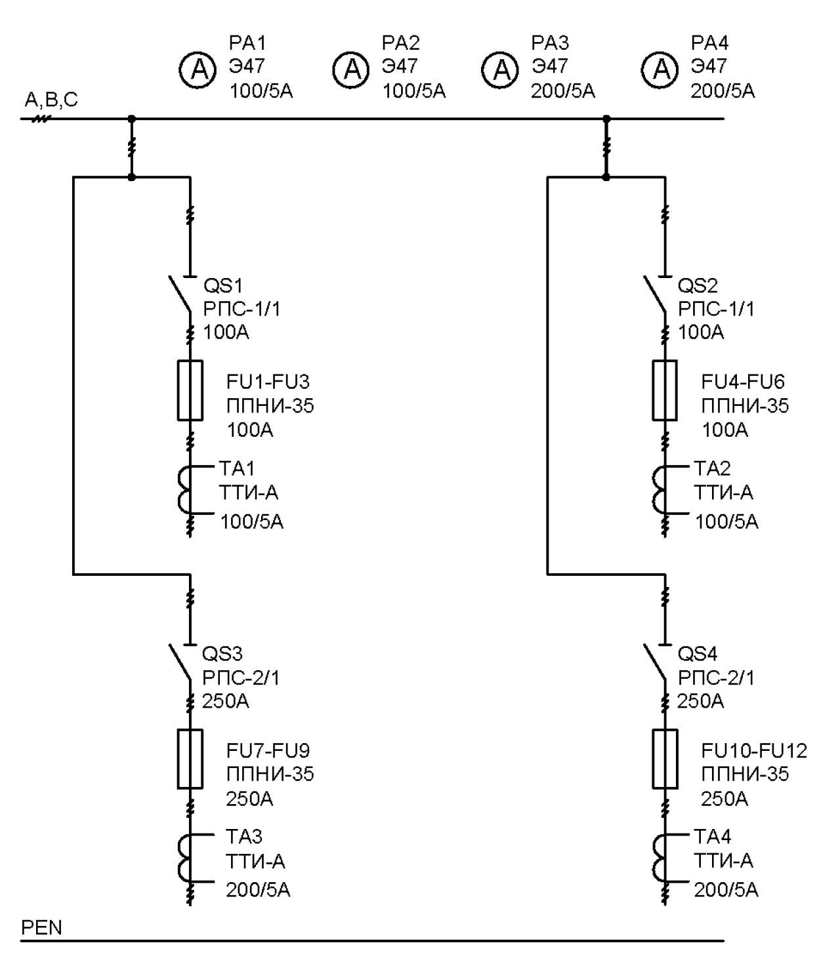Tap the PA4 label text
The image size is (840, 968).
pyautogui.click(x=709, y=43)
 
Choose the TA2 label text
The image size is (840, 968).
pyautogui.click(x=712, y=468)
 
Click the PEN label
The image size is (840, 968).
pyautogui.click(x=41, y=927)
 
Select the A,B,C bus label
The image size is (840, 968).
pyautogui.click(x=51, y=99)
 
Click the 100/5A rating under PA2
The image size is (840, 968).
pyautogui.click(x=414, y=91)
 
